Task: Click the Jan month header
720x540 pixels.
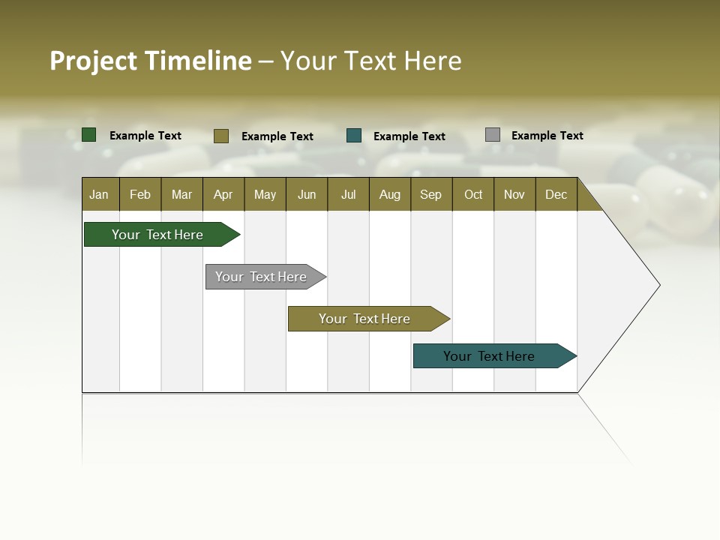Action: coord(99,195)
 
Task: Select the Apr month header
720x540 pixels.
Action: coord(223,195)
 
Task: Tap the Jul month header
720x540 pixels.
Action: coord(349,195)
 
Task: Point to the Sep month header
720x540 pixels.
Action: coord(431,195)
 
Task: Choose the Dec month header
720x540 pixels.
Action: coord(556,195)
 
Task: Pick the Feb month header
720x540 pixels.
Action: coord(140,195)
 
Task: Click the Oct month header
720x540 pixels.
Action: coord(473,195)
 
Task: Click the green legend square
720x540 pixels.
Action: coord(89,135)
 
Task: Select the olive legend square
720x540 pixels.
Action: coord(220,136)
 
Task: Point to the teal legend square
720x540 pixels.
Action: coord(354,136)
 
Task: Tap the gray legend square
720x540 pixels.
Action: coord(493,135)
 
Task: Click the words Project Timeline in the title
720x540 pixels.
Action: coord(151,61)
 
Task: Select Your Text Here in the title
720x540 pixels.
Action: coord(371,61)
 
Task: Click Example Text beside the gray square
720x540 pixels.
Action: coord(547,136)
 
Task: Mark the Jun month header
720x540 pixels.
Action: coord(307,195)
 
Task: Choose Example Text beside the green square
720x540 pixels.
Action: coord(145,136)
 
